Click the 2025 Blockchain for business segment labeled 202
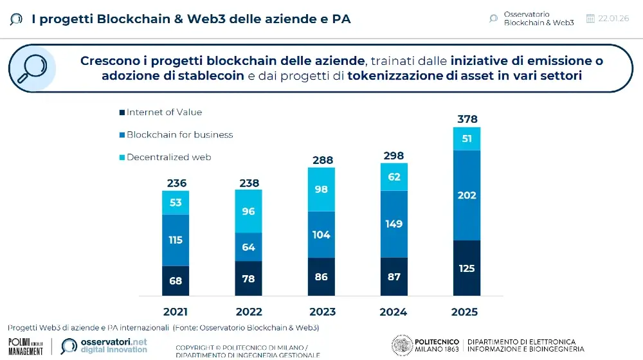coord(466,195)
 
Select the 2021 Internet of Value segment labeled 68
coord(176,280)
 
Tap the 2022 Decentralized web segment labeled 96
coord(248,211)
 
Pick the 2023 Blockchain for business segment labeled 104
coord(321,235)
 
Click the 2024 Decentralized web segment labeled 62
coord(394,177)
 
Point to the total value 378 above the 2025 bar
coord(466,119)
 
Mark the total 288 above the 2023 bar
coord(321,159)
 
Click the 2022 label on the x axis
coord(248,312)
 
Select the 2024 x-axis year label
coord(394,312)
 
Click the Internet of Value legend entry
coord(164,113)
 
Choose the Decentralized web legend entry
coord(168,157)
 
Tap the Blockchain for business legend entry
coord(179,135)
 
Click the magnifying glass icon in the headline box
coord(32,68)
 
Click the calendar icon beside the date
coord(590,19)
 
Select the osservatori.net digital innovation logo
coord(104,345)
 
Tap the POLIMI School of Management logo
coord(26,346)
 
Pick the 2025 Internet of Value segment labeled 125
coord(466,267)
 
